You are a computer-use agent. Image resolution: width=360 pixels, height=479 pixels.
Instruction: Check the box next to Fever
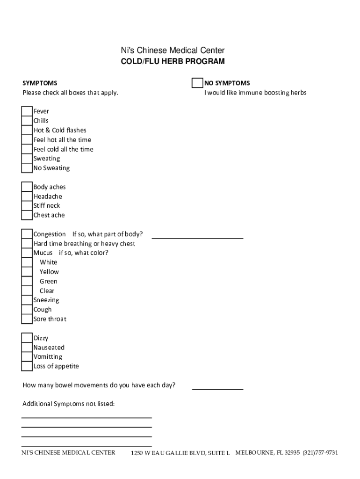coord(27,111)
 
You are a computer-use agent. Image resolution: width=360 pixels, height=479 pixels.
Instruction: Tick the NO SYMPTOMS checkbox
coord(197,83)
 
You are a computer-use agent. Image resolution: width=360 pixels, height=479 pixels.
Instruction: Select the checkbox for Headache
coord(27,196)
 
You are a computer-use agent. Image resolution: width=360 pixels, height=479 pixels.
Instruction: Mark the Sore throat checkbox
coord(27,319)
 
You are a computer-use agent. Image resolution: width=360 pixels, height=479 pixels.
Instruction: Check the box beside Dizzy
coord(27,338)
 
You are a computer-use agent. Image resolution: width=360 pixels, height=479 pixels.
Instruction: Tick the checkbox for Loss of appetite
coord(27,366)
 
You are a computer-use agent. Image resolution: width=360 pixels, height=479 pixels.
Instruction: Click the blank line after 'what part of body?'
coord(197,237)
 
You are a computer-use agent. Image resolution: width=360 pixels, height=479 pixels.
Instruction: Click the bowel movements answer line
coord(217,388)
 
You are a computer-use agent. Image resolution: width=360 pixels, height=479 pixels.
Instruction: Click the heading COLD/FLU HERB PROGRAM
coord(173,61)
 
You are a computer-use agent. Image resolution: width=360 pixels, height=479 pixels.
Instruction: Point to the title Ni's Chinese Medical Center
coord(173,51)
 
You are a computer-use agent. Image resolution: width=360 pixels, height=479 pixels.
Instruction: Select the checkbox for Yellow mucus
coord(27,272)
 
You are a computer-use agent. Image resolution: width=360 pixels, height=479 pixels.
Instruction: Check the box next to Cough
coord(27,310)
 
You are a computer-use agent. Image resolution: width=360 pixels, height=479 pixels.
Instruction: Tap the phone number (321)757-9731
coord(320,453)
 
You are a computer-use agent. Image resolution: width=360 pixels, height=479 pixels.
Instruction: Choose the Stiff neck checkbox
coord(27,206)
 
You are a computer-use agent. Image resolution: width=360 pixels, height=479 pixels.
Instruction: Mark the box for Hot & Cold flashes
coord(27,130)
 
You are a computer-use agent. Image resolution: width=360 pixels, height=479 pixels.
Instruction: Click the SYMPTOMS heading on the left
coord(40,83)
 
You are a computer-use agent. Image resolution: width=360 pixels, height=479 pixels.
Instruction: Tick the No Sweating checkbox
coord(27,168)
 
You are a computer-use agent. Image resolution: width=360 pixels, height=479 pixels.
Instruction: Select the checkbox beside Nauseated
coord(27,348)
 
